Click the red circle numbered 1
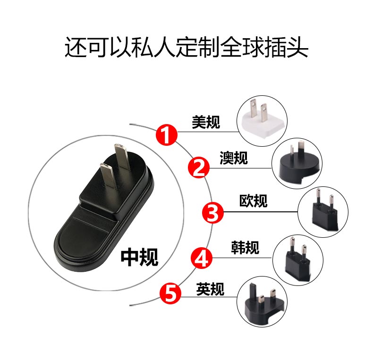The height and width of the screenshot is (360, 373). pos(167,134)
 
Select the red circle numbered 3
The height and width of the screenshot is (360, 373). pos(213,213)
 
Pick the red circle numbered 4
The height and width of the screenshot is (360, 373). pos(202,258)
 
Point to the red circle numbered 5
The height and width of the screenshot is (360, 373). pos(170,293)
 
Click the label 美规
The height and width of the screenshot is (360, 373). pos(206,122)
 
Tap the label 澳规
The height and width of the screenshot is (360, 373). pos(234,158)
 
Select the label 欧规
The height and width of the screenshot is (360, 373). pos(254,201)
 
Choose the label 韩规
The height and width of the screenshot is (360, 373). pos(245,248)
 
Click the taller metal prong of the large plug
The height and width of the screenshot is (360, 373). pos(121,157)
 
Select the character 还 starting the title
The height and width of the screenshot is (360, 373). pos(76,47)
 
